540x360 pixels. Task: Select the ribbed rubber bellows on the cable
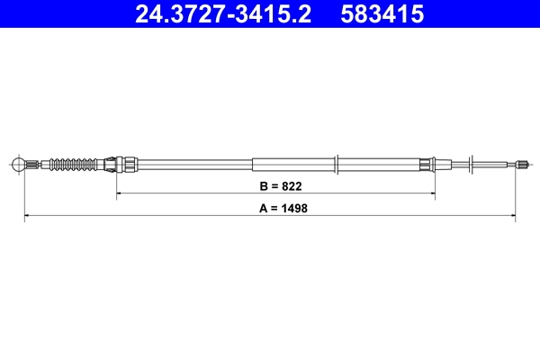(73, 165)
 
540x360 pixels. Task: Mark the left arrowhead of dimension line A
(27, 216)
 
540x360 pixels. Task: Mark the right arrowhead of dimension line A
(513, 216)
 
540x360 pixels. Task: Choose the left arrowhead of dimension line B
(120, 193)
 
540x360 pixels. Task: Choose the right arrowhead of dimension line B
(433, 193)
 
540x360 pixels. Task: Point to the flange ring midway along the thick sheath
(336, 165)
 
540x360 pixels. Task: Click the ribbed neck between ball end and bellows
(36, 165)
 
